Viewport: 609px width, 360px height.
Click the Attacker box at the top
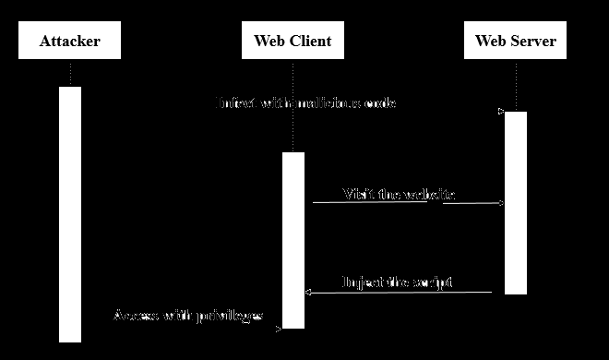[69, 42]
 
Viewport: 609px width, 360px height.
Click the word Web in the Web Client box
[269, 42]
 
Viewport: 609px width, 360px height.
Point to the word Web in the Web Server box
[491, 42]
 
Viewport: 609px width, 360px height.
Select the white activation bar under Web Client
[293, 240]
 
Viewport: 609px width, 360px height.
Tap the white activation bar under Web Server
[515, 203]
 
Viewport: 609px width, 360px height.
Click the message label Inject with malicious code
[306, 103]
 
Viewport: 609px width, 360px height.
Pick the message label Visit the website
[399, 195]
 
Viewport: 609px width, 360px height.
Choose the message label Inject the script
[397, 282]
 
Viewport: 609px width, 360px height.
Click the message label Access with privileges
[188, 317]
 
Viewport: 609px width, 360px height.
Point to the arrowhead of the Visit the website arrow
[502, 203]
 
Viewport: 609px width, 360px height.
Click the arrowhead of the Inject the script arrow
[308, 292]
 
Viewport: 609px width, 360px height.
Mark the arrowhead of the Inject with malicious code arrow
[501, 112]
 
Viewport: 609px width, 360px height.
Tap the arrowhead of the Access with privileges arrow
[279, 327]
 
